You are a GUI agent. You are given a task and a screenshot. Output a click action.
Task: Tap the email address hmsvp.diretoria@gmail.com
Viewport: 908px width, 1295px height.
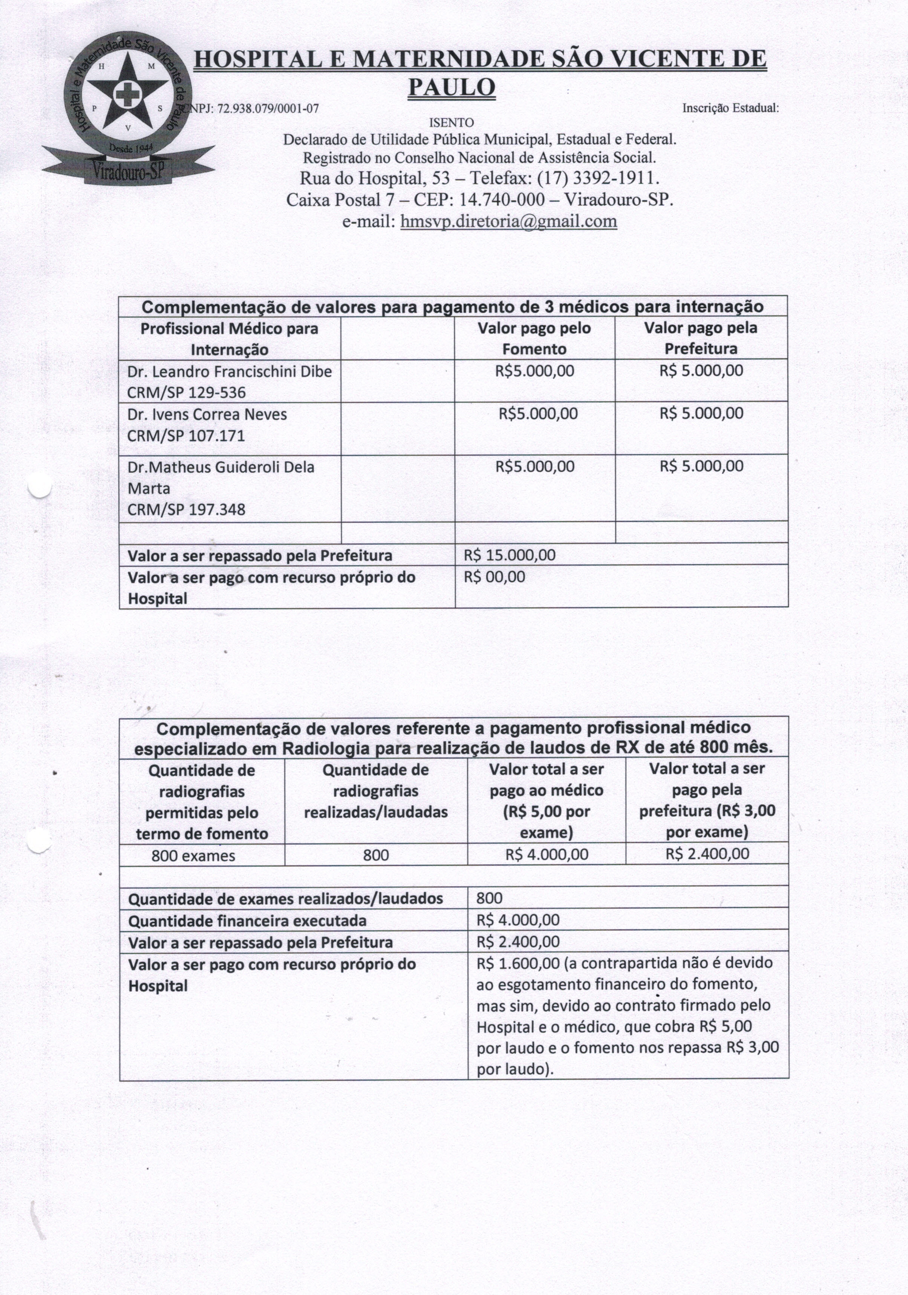pyautogui.click(x=508, y=221)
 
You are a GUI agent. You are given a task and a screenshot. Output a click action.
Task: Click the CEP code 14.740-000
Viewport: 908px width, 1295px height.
pyautogui.click(x=502, y=200)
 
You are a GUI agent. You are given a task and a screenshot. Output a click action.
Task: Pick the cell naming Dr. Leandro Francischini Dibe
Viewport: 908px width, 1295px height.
pyautogui.click(x=229, y=372)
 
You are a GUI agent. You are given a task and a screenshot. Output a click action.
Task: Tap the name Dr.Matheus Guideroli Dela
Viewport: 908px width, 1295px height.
pyautogui.click(x=220, y=467)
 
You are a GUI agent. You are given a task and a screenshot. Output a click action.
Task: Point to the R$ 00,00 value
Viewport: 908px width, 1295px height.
pyautogui.click(x=494, y=576)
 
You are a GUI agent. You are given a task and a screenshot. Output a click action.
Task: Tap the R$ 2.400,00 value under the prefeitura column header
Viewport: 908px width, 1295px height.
pyautogui.click(x=707, y=853)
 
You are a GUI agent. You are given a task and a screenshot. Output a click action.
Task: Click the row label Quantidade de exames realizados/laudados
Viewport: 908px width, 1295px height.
pyautogui.click(x=286, y=899)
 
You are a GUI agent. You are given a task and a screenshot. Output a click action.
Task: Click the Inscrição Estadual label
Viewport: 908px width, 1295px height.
pyautogui.click(x=730, y=108)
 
